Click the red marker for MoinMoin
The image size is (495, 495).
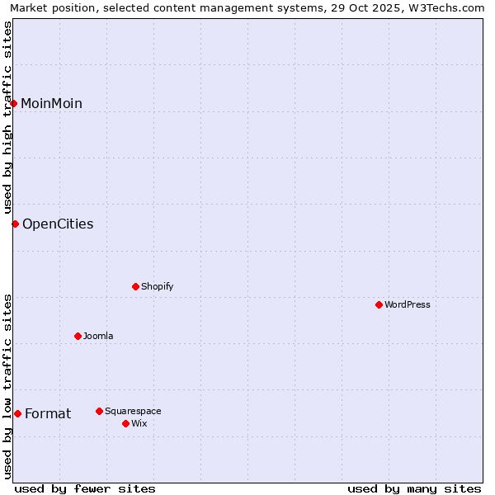coord(14,103)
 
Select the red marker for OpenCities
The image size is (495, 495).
coord(15,224)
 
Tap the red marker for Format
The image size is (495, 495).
coord(17,413)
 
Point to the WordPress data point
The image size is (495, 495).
coord(379,304)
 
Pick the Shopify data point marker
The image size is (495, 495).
coord(135,286)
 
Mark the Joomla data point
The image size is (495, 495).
coord(78,336)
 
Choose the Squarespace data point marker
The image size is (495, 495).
coord(99,411)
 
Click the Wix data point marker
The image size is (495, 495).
coord(125,423)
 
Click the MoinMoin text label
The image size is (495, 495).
coord(51,103)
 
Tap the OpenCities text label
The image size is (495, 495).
coord(58,224)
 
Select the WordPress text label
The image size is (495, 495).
coord(408,304)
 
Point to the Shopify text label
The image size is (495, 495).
coord(157,286)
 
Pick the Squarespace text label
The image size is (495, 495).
coord(133,411)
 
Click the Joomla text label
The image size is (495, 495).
coord(98,336)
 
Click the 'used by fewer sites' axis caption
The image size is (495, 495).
coord(85,488)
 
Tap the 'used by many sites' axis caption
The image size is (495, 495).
coord(414,488)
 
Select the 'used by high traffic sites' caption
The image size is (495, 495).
coord(7,117)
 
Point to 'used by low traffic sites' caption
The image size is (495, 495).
coord(7,386)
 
